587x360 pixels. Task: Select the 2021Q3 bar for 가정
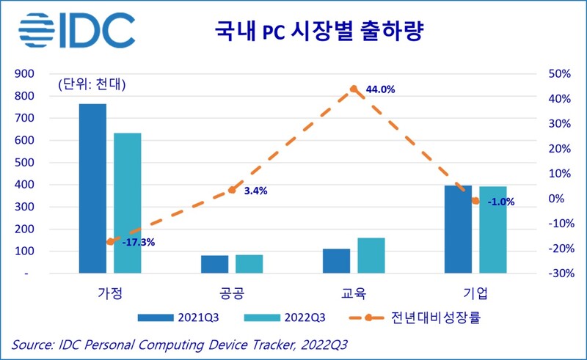(93, 188)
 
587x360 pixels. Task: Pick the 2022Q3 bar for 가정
(128, 203)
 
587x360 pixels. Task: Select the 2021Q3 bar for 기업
(458, 229)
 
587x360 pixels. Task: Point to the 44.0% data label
(380, 89)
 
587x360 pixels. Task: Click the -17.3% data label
(138, 242)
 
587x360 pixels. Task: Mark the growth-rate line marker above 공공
(232, 190)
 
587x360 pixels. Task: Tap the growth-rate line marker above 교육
(354, 89)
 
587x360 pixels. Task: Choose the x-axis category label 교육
(354, 294)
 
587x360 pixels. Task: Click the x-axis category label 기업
(475, 294)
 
